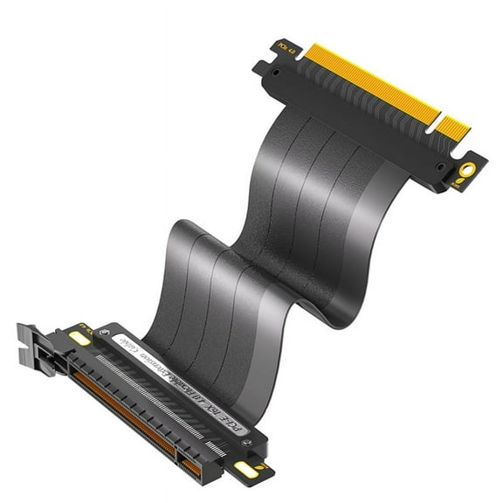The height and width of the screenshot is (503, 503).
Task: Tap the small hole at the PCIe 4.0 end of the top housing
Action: [262, 67]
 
